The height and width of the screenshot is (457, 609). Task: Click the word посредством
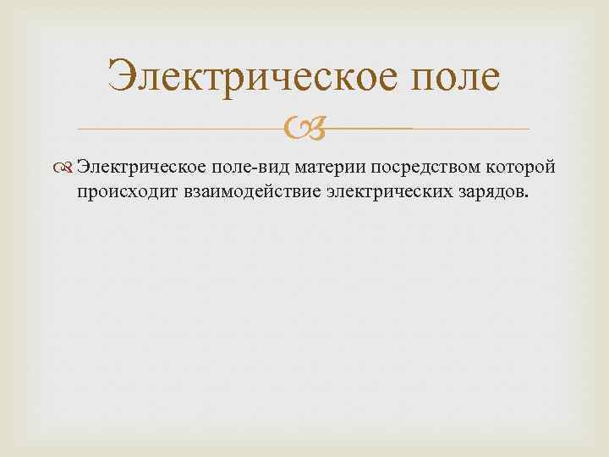(418, 168)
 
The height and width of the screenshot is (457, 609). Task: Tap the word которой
(518, 168)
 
